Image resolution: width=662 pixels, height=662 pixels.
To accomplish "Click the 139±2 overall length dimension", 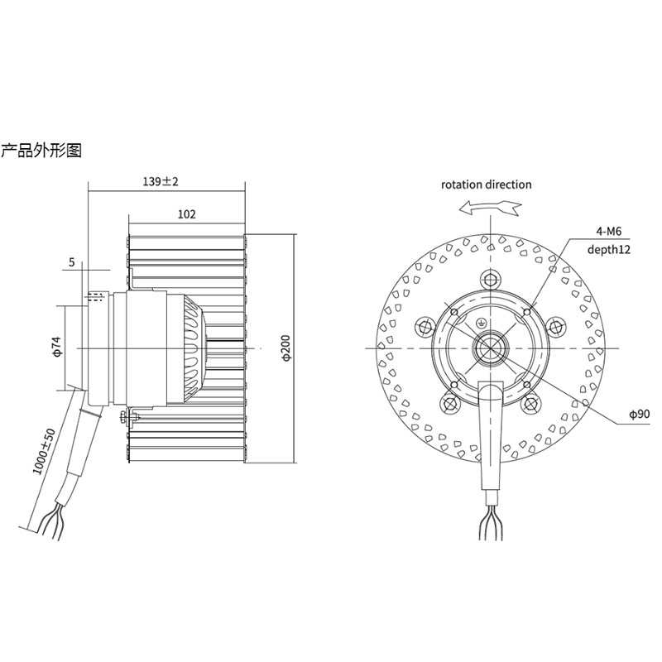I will coord(161,181).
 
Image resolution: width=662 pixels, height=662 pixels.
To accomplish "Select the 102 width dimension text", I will coord(187,213).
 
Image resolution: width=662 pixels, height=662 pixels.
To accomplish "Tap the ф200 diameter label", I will coord(285,348).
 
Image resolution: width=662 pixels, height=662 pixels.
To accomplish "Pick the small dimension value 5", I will coord(73,262).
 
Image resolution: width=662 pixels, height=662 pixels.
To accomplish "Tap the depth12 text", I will coord(610,248).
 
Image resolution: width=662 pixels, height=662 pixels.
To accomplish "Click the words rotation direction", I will coord(486,185).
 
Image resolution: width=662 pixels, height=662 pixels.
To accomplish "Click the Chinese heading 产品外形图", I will coord(41,151).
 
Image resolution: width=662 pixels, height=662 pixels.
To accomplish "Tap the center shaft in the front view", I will coord(491,348).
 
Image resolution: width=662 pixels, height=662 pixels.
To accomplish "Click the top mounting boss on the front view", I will coord(491,276).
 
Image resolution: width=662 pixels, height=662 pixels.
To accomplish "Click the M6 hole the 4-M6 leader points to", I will coord(528,312).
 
